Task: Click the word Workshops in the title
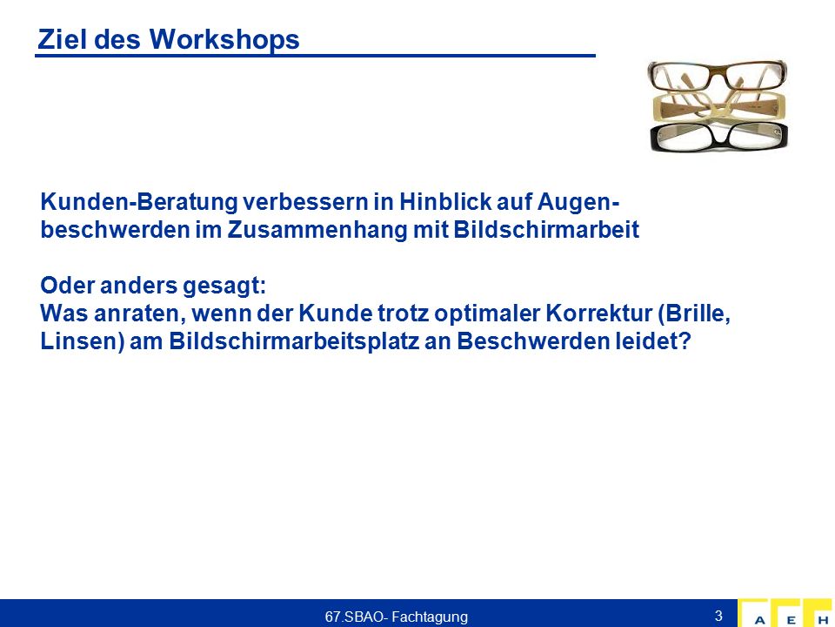point(224,40)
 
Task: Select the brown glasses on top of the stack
point(718,75)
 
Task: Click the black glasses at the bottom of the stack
point(719,137)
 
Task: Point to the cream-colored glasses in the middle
point(719,106)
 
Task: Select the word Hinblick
point(445,202)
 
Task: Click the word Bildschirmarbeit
point(547,230)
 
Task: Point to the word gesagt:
point(224,286)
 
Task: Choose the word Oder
point(67,286)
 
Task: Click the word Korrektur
point(598,313)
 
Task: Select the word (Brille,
point(694,314)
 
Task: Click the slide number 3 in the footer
point(718,616)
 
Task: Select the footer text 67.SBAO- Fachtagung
point(397,617)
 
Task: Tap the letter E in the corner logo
point(792,620)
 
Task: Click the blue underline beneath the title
point(315,56)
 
